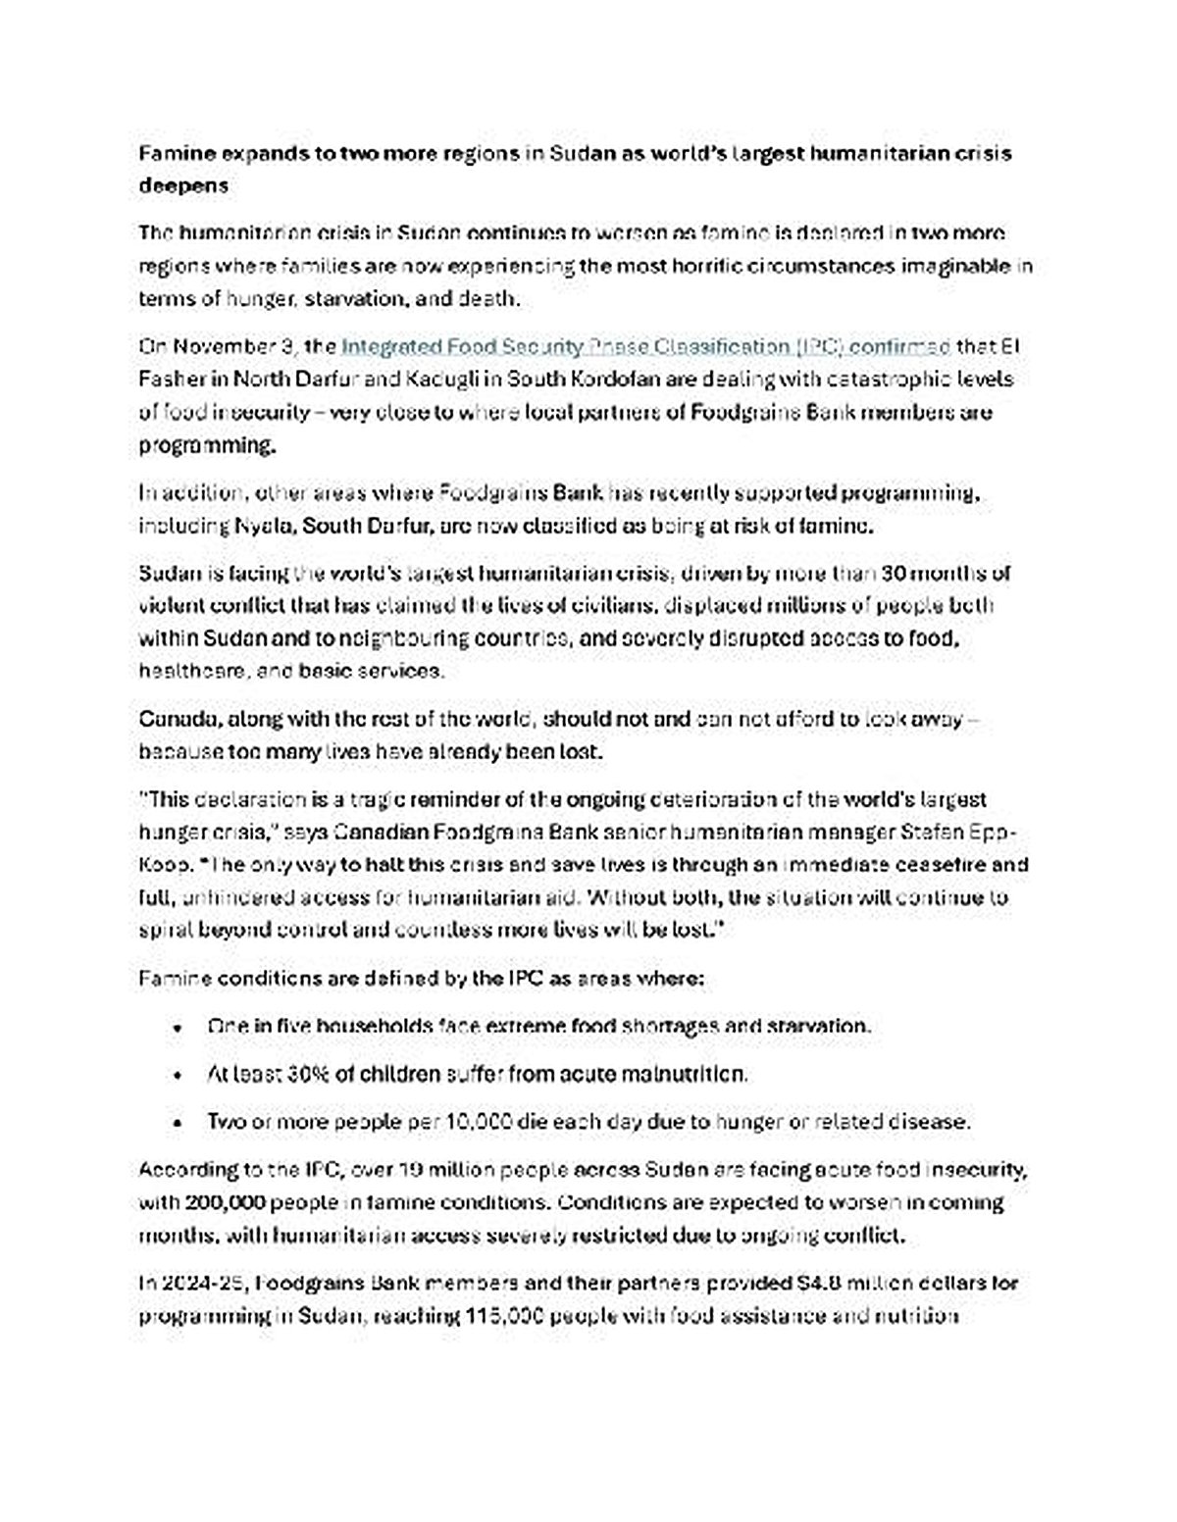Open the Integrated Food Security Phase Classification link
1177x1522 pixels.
(x=645, y=346)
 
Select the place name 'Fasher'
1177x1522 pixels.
(x=169, y=379)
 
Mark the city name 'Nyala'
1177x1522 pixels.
(x=264, y=526)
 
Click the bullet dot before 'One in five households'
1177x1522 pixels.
(x=177, y=1028)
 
